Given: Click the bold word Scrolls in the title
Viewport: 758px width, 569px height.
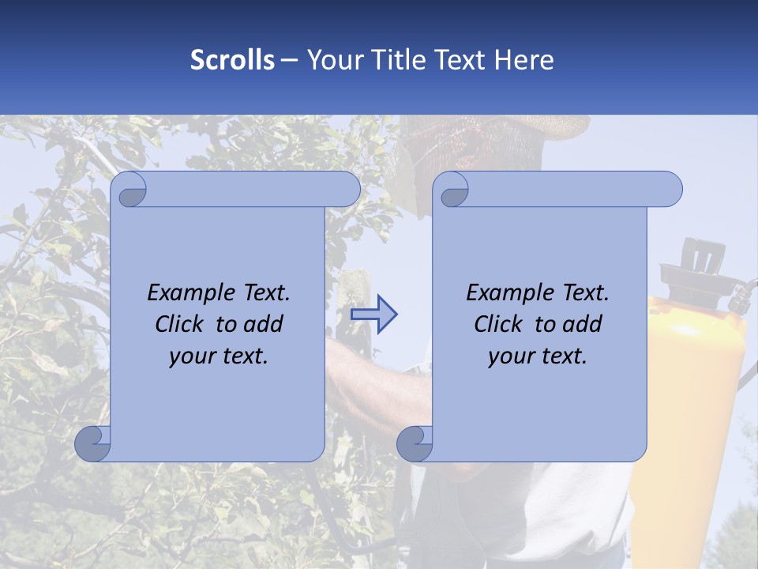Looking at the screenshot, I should [232, 60].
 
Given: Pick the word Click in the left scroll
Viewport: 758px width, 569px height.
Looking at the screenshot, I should [182, 324].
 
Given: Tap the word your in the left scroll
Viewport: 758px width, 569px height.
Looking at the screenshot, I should [192, 356].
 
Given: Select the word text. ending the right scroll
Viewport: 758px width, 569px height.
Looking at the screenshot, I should [565, 356].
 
